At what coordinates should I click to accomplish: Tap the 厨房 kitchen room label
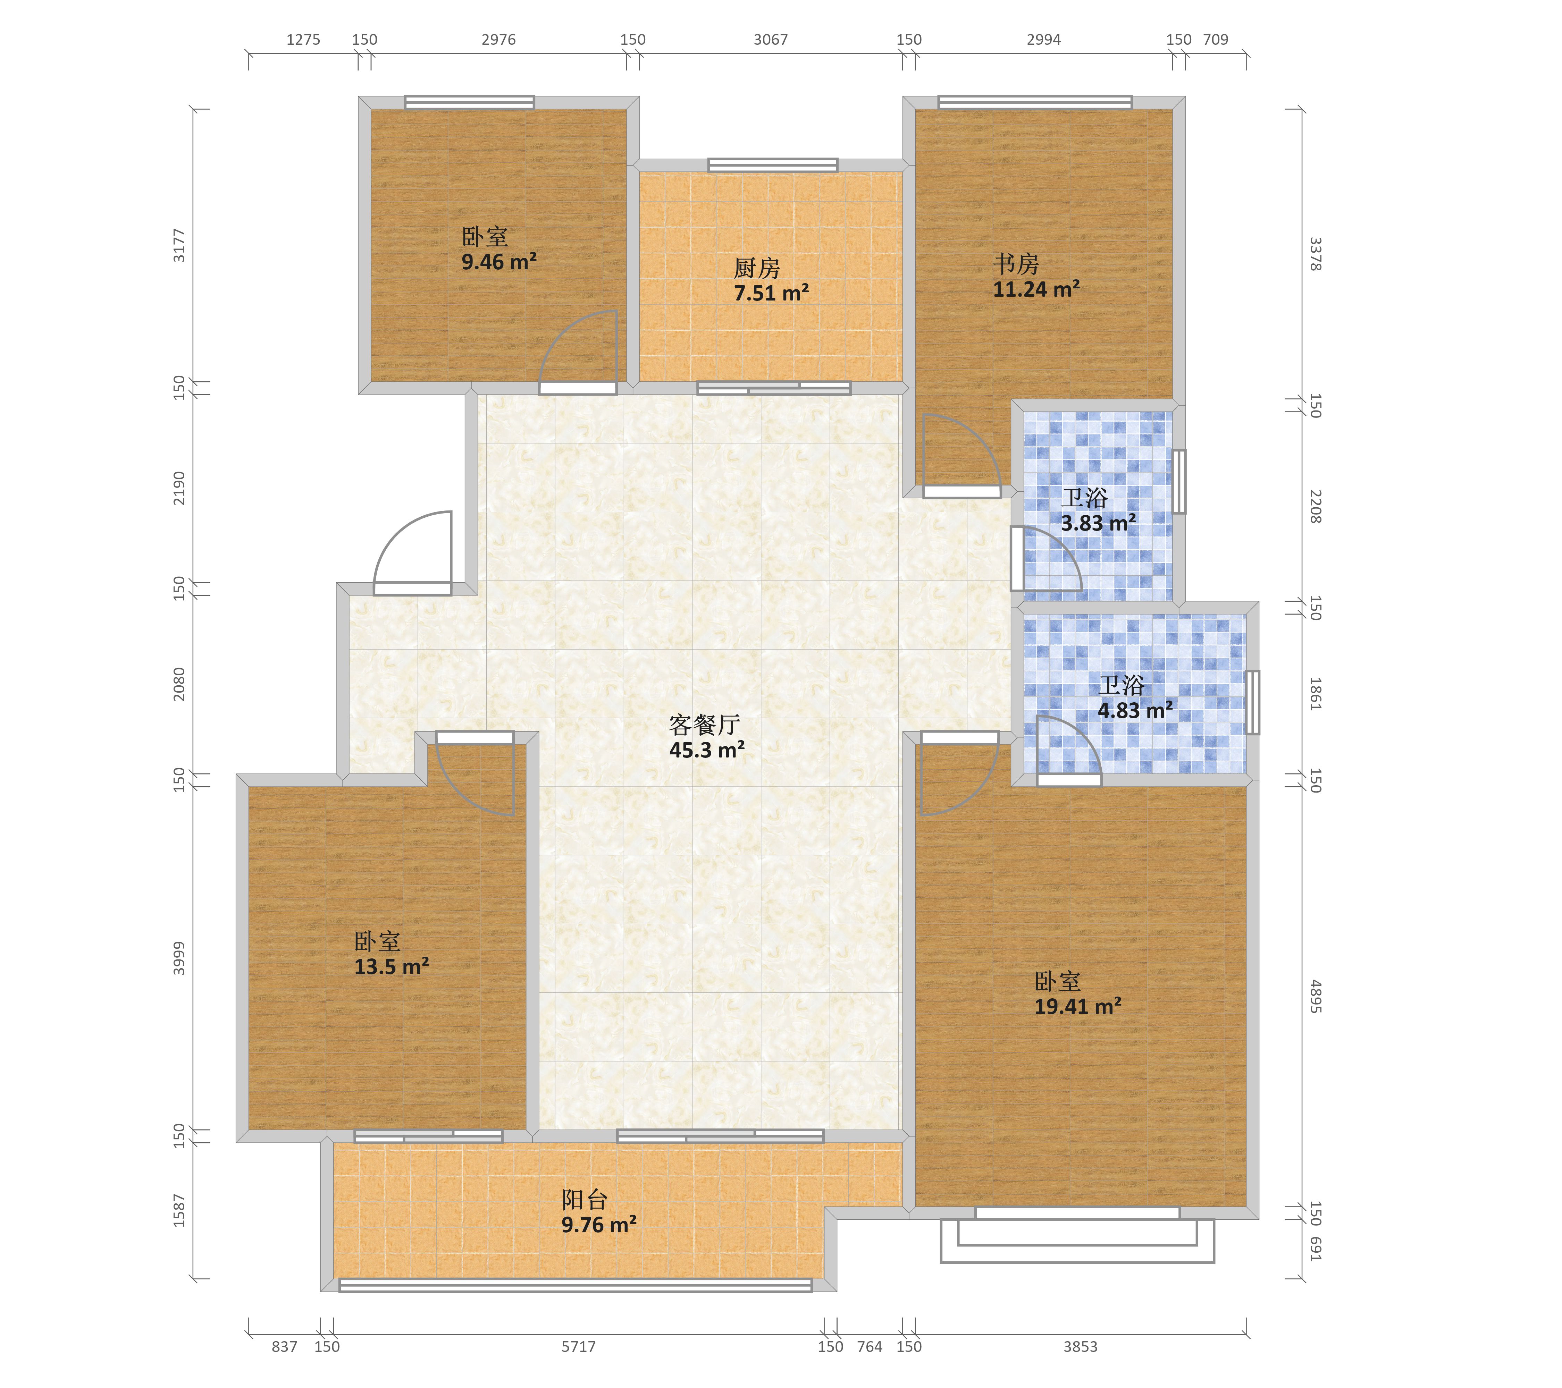pos(757,268)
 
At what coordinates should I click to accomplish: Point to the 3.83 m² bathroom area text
pos(1098,523)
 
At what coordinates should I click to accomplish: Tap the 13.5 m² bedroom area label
pos(391,966)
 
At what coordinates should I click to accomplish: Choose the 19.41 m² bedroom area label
pos(1077,1006)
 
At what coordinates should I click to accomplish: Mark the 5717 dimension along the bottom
pos(579,1368)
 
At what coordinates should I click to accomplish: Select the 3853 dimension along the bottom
pos(1081,1368)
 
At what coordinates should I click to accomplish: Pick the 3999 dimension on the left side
pos(179,958)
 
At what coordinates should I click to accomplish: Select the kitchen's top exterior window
pos(773,165)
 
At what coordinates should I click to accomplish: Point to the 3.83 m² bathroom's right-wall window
pos(1179,481)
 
